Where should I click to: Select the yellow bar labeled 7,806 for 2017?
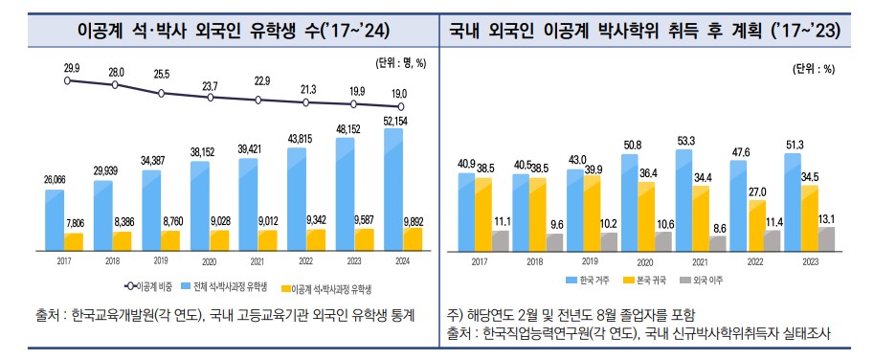coord(74,239)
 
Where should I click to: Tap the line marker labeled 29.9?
coord(67,81)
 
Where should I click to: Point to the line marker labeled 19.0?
coord(400,106)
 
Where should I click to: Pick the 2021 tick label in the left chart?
coord(256,259)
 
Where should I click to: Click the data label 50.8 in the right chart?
coord(632,145)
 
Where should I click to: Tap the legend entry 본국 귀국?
coord(648,281)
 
